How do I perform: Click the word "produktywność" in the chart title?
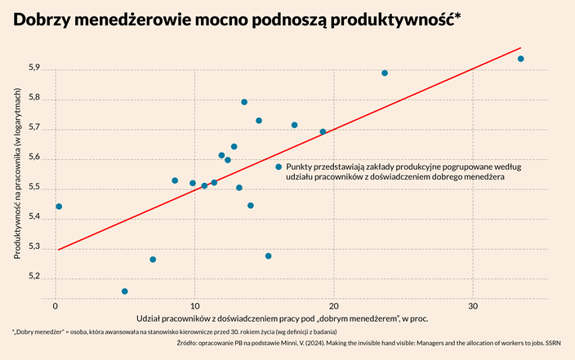(x=386, y=22)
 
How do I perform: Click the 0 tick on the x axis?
(x=55, y=305)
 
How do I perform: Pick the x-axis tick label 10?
(x=194, y=305)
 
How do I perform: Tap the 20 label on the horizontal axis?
(x=334, y=305)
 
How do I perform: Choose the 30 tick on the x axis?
(x=474, y=305)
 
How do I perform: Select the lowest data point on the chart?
(x=124, y=291)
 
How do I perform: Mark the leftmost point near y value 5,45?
(x=59, y=207)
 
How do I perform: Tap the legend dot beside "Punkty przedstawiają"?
(x=279, y=167)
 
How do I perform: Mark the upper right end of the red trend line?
(x=520, y=47)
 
